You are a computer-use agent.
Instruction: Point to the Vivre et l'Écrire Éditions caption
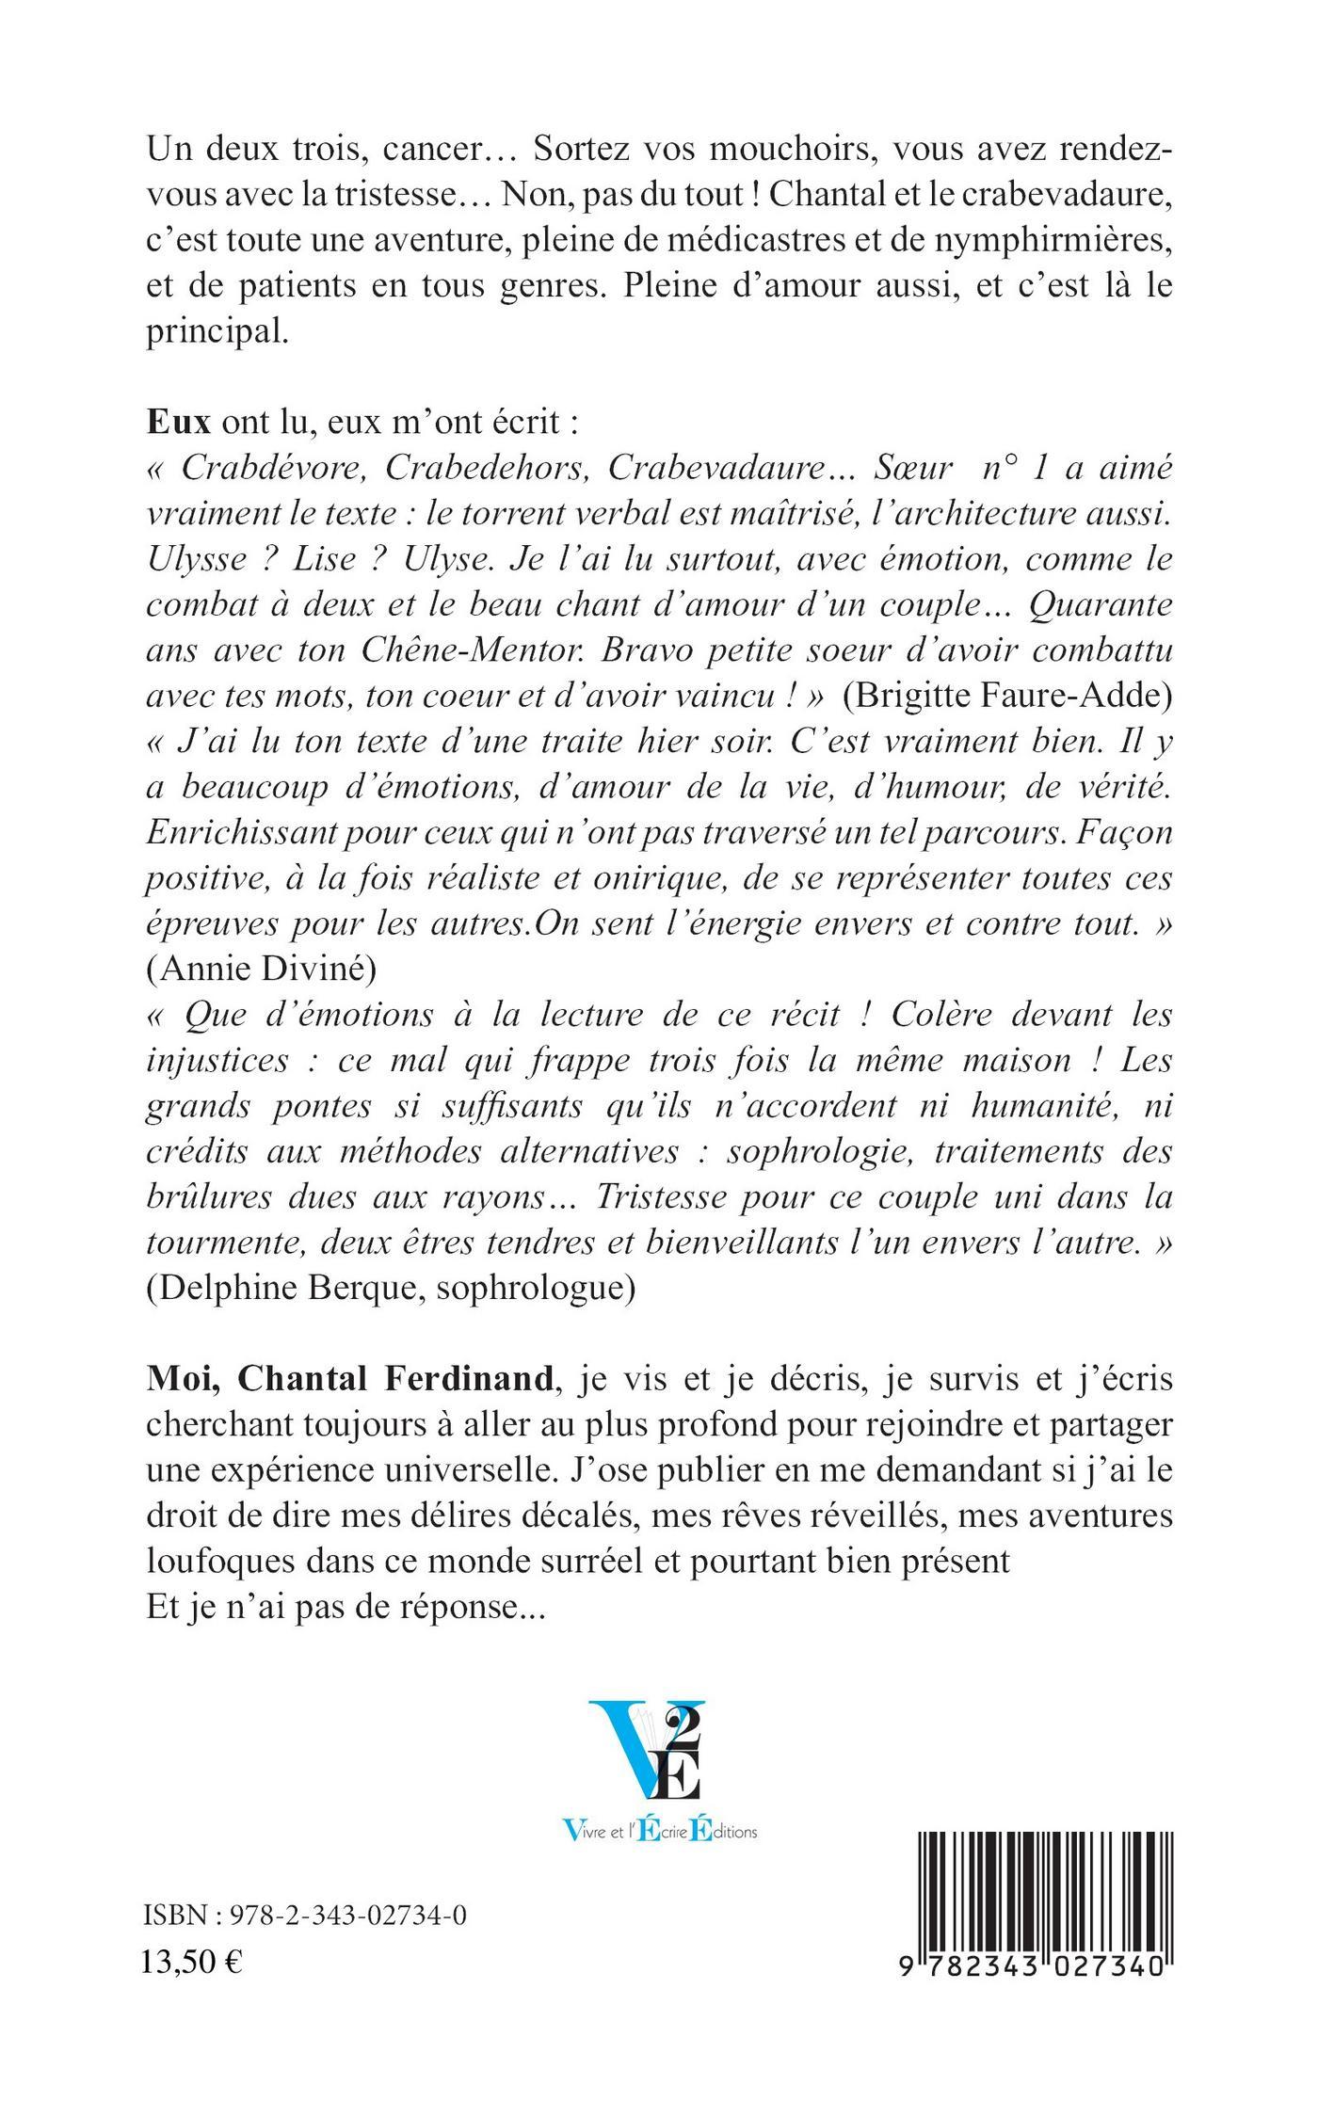pyautogui.click(x=659, y=1830)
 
